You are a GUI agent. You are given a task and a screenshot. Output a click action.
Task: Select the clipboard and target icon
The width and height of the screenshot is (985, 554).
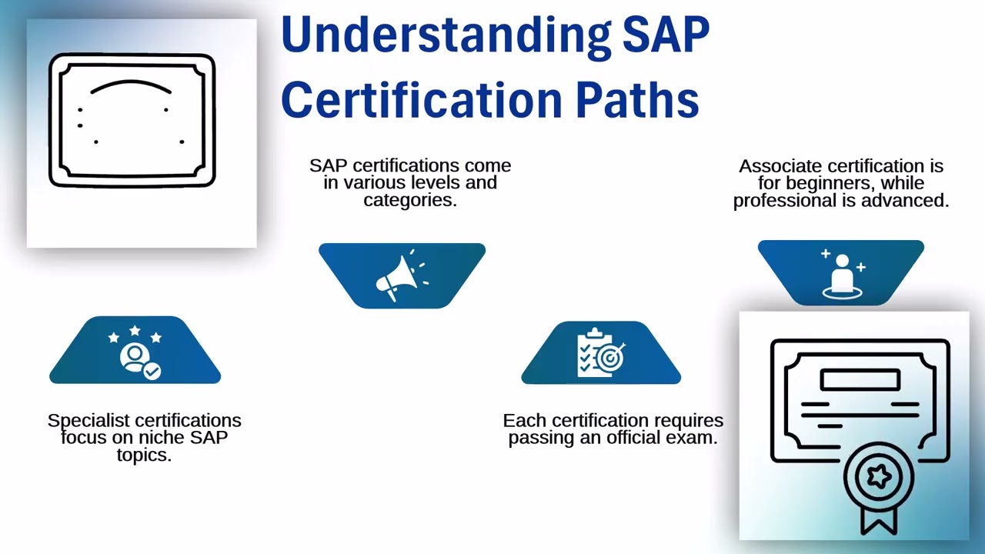pyautogui.click(x=601, y=353)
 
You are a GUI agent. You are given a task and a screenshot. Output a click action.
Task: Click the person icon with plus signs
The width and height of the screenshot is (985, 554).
pyautogui.click(x=842, y=272)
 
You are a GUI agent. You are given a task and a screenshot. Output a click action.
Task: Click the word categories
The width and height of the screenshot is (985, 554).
pyautogui.click(x=410, y=200)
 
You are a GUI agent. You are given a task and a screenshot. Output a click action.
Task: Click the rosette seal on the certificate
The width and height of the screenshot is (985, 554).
pyautogui.click(x=879, y=476)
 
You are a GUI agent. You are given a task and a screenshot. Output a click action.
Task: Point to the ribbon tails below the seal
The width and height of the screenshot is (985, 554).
pyautogui.click(x=878, y=519)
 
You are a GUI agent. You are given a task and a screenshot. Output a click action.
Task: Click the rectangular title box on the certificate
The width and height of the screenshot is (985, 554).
pyautogui.click(x=860, y=380)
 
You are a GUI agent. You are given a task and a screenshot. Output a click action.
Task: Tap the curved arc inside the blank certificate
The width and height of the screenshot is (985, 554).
pyautogui.click(x=131, y=85)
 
